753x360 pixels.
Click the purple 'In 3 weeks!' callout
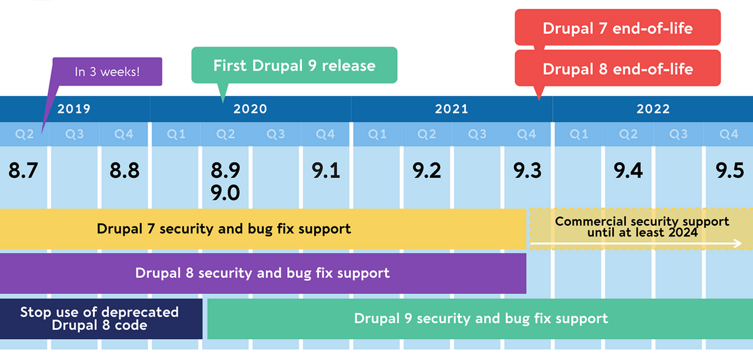pyautogui.click(x=107, y=72)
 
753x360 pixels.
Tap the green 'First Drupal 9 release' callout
pyautogui.click(x=294, y=65)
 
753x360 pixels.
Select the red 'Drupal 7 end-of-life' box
pyautogui.click(x=617, y=28)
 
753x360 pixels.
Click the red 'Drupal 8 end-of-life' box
pyautogui.click(x=617, y=68)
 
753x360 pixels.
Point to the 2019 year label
pyautogui.click(x=74, y=109)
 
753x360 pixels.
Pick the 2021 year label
pyautogui.click(x=451, y=109)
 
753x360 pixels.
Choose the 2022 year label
pyautogui.click(x=653, y=109)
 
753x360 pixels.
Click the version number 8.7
pyautogui.click(x=23, y=171)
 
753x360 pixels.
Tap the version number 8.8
pyautogui.click(x=124, y=171)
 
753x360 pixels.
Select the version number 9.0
pyautogui.click(x=225, y=192)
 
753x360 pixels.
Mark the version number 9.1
pyautogui.click(x=325, y=171)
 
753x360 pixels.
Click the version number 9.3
pyautogui.click(x=527, y=171)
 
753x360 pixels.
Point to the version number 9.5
pyautogui.click(x=729, y=171)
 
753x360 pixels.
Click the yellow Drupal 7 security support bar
pyautogui.click(x=224, y=229)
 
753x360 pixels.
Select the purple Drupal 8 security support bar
pyautogui.click(x=262, y=273)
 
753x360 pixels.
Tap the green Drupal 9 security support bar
pyautogui.click(x=480, y=319)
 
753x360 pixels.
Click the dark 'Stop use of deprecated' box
pyautogui.click(x=99, y=319)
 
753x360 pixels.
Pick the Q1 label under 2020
pyautogui.click(x=175, y=135)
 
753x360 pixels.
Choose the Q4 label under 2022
pyautogui.click(x=728, y=135)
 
